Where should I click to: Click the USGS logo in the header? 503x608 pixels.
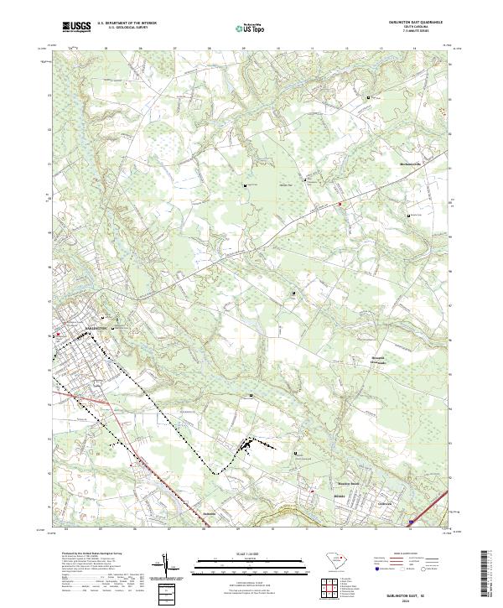coord(76,27)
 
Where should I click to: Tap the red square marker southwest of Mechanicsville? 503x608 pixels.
coord(340,203)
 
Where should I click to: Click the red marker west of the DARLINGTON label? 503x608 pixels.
coord(57,336)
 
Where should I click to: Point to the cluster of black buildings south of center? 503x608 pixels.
coord(248,446)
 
